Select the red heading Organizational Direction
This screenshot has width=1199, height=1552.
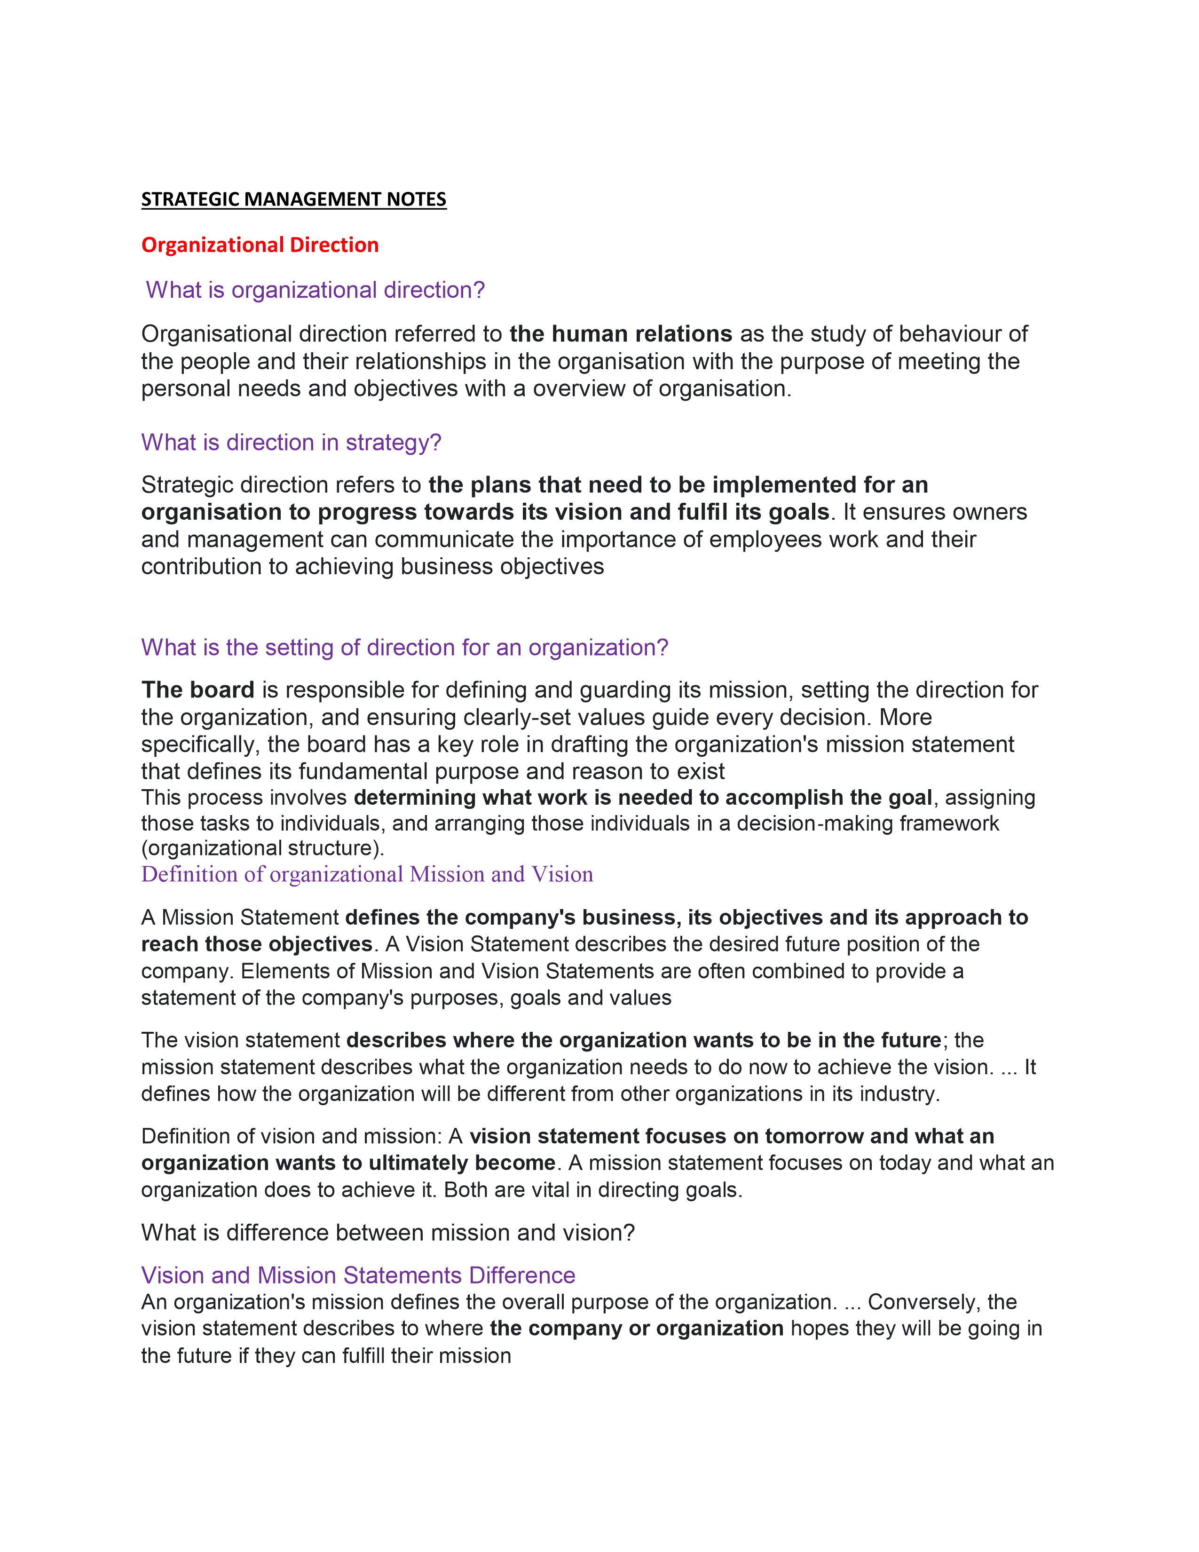click(x=260, y=245)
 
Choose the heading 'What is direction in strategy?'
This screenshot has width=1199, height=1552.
click(x=291, y=442)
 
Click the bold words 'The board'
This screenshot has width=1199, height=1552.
click(x=197, y=689)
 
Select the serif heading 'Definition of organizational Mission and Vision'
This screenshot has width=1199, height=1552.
click(x=367, y=874)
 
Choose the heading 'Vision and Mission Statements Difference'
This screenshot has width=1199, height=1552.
click(x=358, y=1275)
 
